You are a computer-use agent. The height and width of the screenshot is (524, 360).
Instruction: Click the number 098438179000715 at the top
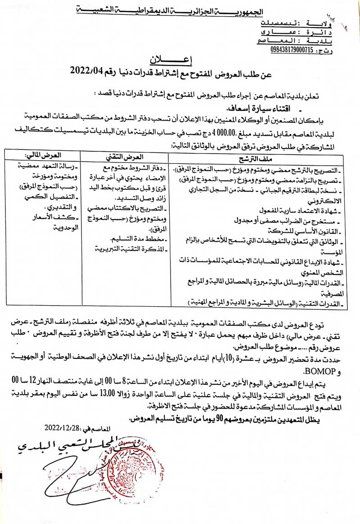point(292,49)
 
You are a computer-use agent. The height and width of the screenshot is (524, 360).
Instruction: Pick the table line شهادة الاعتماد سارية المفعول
point(297,211)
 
